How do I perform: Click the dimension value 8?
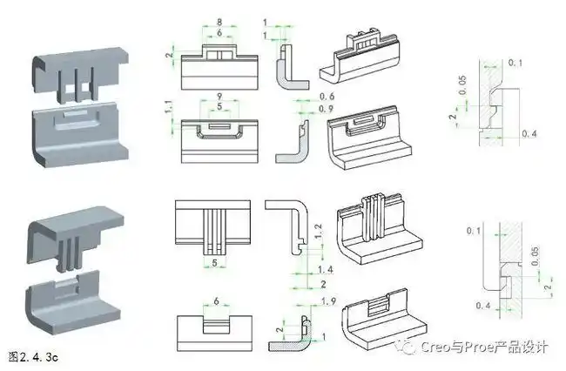pos(219,22)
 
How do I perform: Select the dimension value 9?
pos(219,97)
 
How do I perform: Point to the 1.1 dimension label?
pos(169,107)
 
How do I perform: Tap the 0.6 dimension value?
pos(327,97)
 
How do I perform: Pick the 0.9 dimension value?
pos(327,109)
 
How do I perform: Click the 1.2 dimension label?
pos(319,232)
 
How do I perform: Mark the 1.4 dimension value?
pos(326,270)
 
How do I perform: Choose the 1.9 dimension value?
pos(328,301)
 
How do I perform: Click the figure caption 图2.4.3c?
pos(33,357)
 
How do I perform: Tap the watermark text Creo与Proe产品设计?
pos(484,347)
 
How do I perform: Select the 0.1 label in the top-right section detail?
pos(515,63)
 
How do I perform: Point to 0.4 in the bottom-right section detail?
pos(483,306)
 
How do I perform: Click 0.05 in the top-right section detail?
pos(463,85)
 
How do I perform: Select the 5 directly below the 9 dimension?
pos(219,107)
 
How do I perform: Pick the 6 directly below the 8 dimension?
pos(219,33)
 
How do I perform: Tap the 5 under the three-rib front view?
pos(214,263)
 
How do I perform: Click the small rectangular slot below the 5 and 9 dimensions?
pos(219,126)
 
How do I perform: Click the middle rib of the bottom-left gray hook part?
pos(70,253)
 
